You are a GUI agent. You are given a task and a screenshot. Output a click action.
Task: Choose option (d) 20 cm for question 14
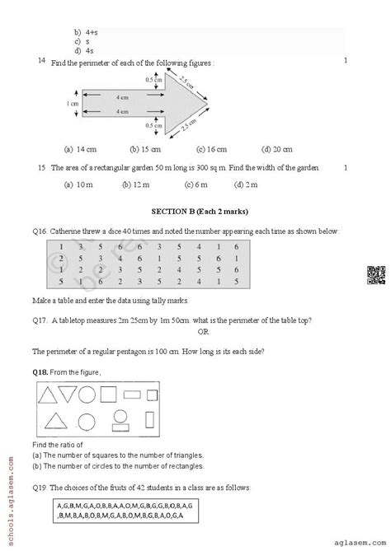[276, 150]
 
